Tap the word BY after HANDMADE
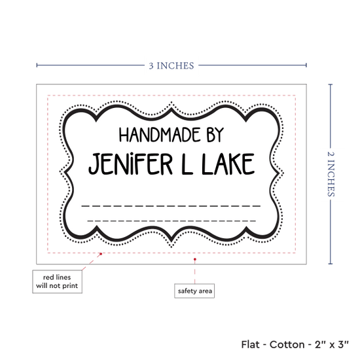pos(215,135)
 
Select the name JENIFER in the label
pos(130,164)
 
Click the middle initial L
pos(187,164)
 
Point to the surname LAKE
pos(228,164)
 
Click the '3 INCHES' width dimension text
pos(171,65)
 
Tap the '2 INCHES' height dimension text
pos(331,174)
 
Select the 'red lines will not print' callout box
pos(57,281)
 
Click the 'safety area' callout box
pos(194,291)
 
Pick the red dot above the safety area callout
pos(194,259)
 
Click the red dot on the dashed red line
pos(101,254)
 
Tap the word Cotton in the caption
pos(287,344)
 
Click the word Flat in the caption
pos(250,344)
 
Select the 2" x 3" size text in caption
pos(332,344)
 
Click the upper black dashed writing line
pos(171,206)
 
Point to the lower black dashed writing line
pos(171,221)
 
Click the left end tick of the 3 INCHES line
pos(37,65)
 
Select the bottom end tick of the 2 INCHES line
pos(331,264)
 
